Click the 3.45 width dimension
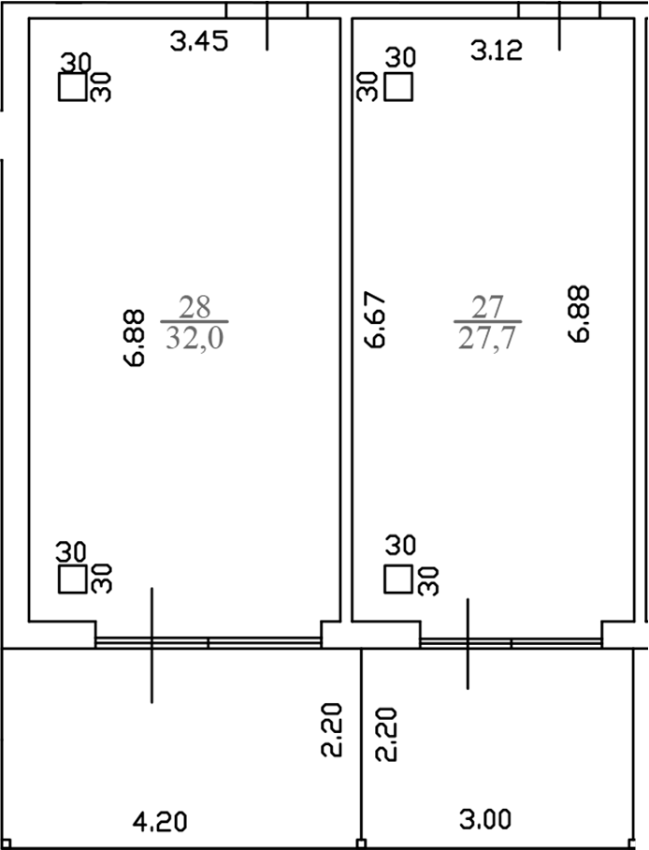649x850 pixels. [199, 41]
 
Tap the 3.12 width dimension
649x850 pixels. [496, 51]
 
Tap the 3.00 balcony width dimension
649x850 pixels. [485, 821]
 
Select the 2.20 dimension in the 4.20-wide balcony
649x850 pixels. [338, 733]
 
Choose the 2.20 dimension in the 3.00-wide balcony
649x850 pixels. [386, 734]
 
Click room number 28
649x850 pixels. [195, 306]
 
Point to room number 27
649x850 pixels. [487, 306]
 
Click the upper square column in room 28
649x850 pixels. [72, 88]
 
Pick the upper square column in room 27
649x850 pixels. [399, 87]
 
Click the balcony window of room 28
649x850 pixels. [208, 642]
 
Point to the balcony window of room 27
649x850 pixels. [511, 642]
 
